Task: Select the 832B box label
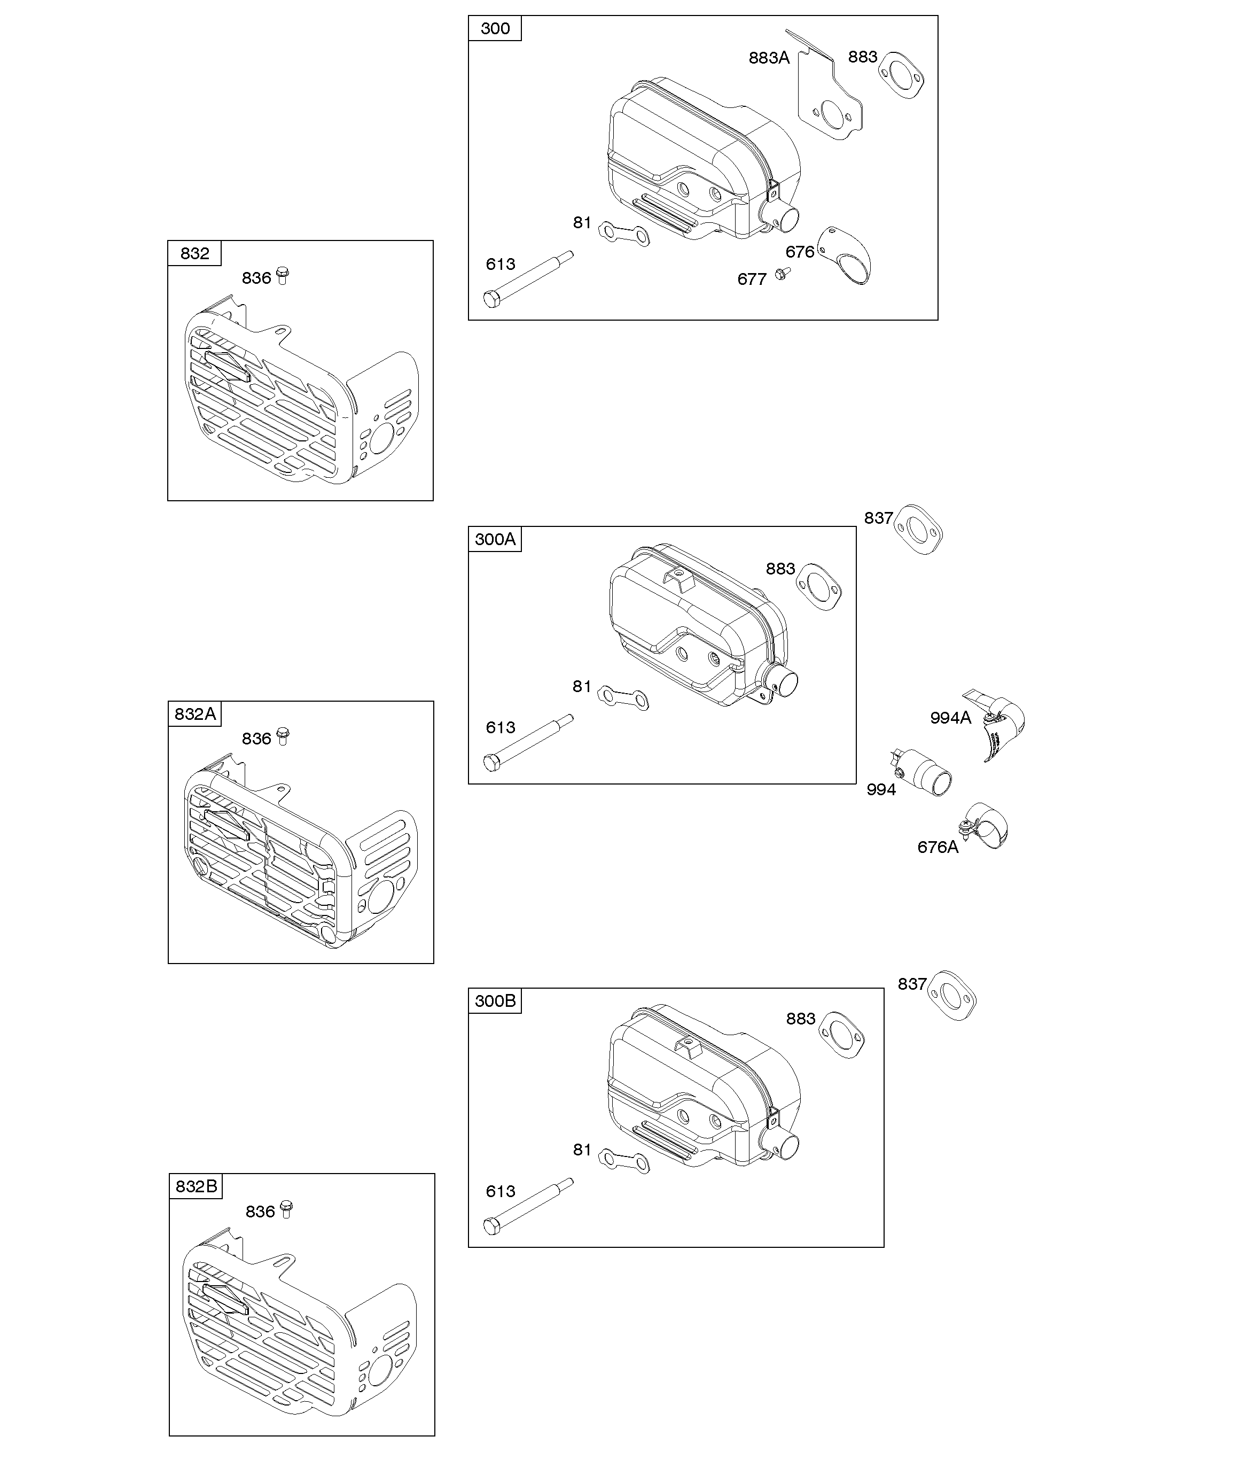pos(196,1186)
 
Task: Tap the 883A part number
pos(768,58)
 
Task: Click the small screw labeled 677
pos(781,273)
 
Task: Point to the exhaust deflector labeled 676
pos(846,255)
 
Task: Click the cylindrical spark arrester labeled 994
pos(921,771)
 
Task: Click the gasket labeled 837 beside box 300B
pos(952,995)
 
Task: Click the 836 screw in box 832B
pos(286,1208)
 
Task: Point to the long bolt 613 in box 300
pos(528,279)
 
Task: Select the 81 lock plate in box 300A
pos(623,697)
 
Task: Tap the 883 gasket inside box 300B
pos(842,1035)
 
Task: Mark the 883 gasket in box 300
pos(902,75)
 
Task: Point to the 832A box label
pos(195,714)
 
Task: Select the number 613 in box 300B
pos(501,1191)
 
